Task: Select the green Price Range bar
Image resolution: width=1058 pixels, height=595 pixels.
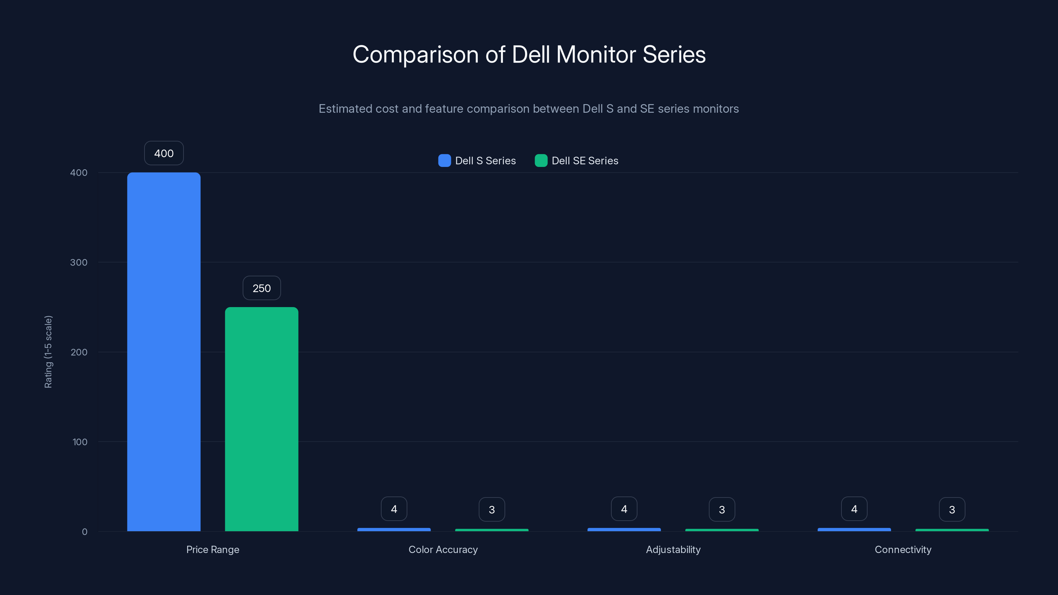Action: pos(262,419)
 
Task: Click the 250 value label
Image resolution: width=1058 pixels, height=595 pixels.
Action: pos(262,288)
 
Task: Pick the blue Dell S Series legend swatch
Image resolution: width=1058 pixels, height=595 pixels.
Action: pos(444,161)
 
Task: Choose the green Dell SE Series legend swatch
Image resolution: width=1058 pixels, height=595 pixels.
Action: pos(541,161)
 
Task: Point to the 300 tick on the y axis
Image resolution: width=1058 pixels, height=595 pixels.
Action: pos(79,262)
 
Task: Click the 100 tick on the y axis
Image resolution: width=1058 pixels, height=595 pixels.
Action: pos(80,442)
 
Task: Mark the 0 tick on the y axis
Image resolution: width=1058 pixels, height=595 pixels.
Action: pos(85,532)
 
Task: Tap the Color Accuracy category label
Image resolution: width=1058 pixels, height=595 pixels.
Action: pos(443,549)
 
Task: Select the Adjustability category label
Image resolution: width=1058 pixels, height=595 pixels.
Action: pos(673,549)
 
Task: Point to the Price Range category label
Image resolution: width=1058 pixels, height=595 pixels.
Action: pos(213,549)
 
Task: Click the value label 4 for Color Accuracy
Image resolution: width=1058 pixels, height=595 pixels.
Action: pos(394,509)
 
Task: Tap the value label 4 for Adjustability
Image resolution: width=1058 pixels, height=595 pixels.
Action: pos(624,509)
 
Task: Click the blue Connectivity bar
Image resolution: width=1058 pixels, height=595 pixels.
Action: pos(854,530)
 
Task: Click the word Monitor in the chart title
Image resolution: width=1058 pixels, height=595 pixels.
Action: pos(595,54)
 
